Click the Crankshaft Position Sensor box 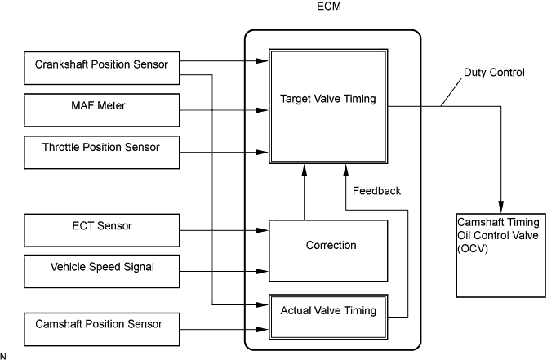pyautogui.click(x=101, y=68)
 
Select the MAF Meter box pyautogui.click(x=101, y=110)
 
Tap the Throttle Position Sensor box pyautogui.click(x=101, y=153)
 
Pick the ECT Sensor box pyautogui.click(x=101, y=230)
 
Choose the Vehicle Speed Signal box pyautogui.click(x=101, y=271)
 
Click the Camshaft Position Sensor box pyautogui.click(x=101, y=329)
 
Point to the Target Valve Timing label pyautogui.click(x=328, y=99)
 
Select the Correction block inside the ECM pyautogui.click(x=328, y=251)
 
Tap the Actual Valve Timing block pyautogui.click(x=328, y=317)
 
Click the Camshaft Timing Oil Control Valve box pyautogui.click(x=501, y=256)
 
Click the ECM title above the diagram pyautogui.click(x=329, y=7)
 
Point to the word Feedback pyautogui.click(x=376, y=191)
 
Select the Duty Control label pyautogui.click(x=494, y=72)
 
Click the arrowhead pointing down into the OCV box pyautogui.click(x=501, y=207)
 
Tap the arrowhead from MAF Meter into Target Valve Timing pyautogui.click(x=262, y=110)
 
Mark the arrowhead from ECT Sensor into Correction pyautogui.click(x=262, y=230)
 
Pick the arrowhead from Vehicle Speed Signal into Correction pyautogui.click(x=262, y=271)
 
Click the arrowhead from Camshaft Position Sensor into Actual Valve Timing pyautogui.click(x=262, y=329)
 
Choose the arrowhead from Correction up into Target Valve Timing pyautogui.click(x=305, y=171)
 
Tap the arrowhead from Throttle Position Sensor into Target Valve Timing pyautogui.click(x=262, y=153)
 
